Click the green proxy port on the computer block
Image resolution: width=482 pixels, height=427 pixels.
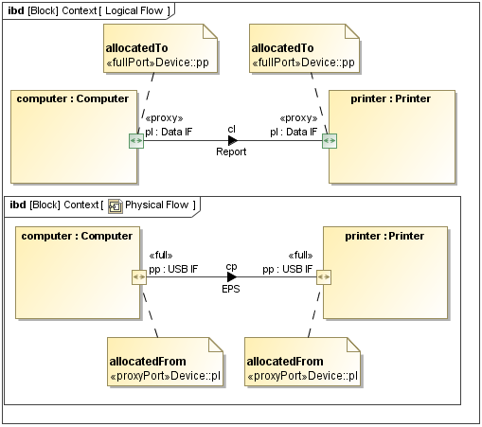pos(136,141)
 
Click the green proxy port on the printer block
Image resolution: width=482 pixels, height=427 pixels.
pos(329,141)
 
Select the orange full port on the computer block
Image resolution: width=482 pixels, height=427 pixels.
pos(138,276)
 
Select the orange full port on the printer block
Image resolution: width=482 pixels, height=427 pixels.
pos(324,276)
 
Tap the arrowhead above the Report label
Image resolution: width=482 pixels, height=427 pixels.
pos(232,141)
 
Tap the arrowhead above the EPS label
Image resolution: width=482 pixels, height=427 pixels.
pos(231,276)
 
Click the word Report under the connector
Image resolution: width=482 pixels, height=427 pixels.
pos(231,151)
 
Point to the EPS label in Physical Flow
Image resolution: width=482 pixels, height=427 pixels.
pos(231,288)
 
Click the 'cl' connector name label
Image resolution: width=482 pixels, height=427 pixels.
pos(231,129)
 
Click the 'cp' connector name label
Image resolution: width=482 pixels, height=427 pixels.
pos(231,266)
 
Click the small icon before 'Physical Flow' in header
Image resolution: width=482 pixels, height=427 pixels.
pos(116,205)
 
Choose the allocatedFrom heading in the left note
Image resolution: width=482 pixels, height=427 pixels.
pos(146,361)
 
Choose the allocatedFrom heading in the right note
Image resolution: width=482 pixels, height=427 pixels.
pos(284,361)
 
